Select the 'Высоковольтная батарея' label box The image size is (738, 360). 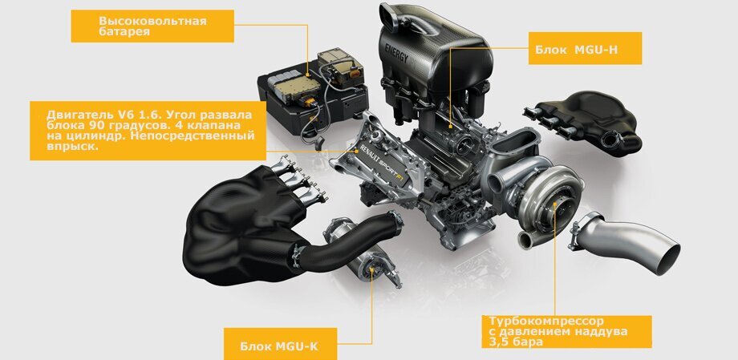(152, 26)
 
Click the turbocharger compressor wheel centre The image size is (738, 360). (556, 203)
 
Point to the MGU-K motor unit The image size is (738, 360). (362, 252)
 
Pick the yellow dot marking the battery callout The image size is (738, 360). (308, 74)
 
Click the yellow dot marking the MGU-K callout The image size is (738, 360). (372, 269)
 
